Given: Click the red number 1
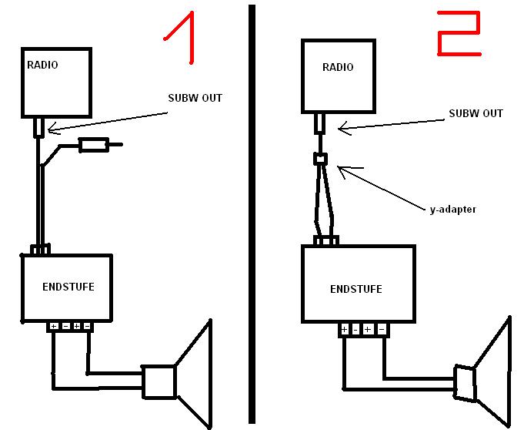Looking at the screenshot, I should [182, 39].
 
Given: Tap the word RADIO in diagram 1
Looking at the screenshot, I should [42, 65].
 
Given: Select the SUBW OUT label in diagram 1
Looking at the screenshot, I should [195, 98].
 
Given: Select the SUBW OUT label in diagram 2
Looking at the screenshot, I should [476, 113].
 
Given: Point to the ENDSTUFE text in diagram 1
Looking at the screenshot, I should [67, 286].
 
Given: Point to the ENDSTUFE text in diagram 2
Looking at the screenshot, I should [355, 289].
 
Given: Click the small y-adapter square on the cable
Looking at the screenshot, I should [321, 160].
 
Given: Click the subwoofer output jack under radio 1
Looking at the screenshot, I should [38, 126].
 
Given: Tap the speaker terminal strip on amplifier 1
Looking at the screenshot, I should [70, 327].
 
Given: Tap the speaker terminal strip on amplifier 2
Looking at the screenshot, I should [362, 330].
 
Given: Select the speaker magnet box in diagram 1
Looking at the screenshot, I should [159, 381].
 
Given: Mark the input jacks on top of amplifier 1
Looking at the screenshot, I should [41, 250].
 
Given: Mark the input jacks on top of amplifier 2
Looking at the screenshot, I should [326, 240].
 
